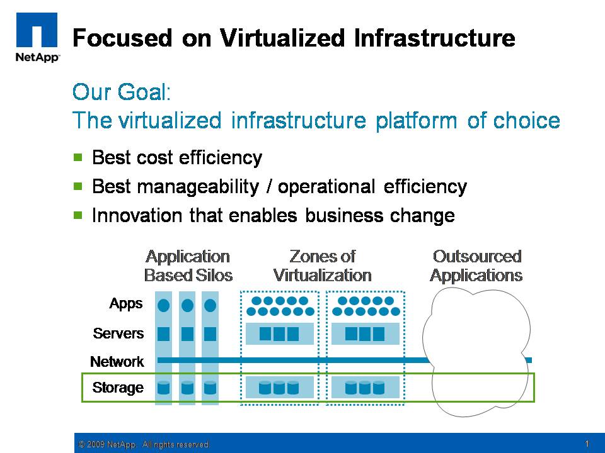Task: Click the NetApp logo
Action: point(37,37)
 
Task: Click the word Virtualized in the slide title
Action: point(282,38)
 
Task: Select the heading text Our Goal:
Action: point(122,92)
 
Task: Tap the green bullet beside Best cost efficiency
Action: point(78,157)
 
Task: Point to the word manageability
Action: point(198,187)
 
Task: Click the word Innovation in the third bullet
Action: point(137,215)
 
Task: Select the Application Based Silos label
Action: point(188,266)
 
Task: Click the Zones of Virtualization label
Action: point(322,266)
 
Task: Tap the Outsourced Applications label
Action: point(476,266)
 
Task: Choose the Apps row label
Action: point(126,303)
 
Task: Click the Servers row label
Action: point(118,333)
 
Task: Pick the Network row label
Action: point(117,362)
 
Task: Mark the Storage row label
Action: point(118,388)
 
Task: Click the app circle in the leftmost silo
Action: point(164,306)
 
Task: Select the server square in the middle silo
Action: point(187,334)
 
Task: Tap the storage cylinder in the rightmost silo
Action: point(210,388)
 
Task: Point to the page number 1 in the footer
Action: point(587,444)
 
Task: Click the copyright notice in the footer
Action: point(144,444)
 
